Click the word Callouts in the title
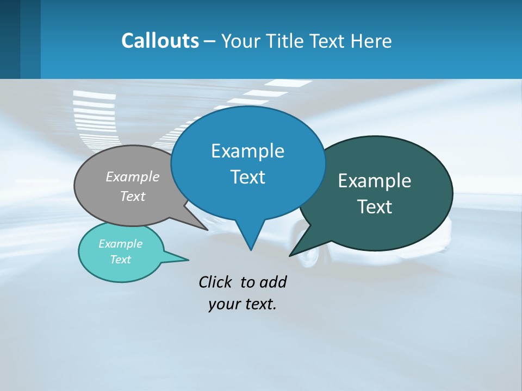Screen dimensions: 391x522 [160, 41]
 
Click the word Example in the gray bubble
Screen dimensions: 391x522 [133, 176]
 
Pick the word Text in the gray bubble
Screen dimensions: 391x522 [133, 196]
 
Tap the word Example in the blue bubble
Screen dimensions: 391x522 [247, 151]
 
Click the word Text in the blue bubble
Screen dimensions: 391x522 [247, 177]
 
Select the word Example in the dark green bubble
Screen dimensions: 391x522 [375, 181]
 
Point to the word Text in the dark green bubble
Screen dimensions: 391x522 [375, 207]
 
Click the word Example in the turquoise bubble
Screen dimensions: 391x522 [120, 244]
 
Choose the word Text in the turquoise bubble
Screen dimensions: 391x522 [120, 260]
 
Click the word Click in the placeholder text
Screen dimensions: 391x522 [216, 282]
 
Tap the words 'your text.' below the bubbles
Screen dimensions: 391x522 [243, 304]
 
